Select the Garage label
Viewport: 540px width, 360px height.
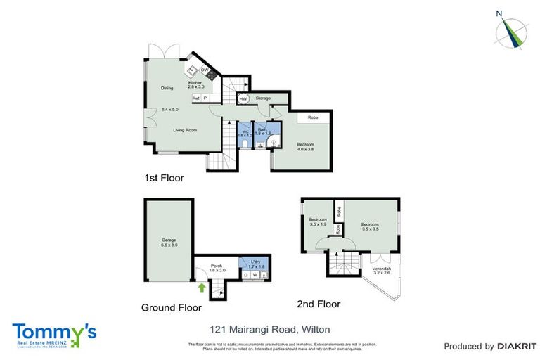(x=169, y=240)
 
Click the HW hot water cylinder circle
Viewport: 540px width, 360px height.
(x=243, y=99)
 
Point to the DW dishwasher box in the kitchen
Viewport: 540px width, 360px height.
(x=204, y=70)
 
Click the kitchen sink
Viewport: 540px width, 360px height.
(x=191, y=70)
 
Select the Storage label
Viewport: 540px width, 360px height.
(x=263, y=98)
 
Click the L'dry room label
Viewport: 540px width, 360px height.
(x=255, y=262)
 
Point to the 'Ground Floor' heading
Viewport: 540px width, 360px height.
(x=171, y=307)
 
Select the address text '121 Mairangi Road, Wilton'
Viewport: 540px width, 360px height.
(x=270, y=329)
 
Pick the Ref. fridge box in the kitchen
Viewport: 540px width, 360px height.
(x=196, y=98)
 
